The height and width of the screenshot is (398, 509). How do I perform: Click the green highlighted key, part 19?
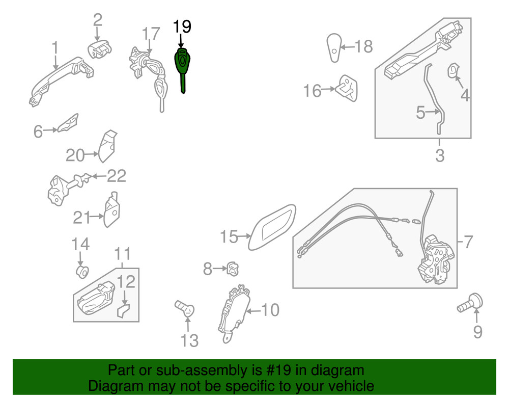point(182,64)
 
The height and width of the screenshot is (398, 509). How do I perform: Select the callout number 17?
point(151,35)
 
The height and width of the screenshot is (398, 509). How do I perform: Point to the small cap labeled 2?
point(99,49)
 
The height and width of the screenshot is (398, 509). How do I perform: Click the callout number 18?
point(363,47)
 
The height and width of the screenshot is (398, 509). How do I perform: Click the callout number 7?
point(468,242)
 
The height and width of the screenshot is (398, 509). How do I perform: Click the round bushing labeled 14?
point(81,270)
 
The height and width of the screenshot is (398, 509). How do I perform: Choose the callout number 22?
point(117,176)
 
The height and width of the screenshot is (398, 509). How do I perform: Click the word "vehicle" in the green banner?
point(349,386)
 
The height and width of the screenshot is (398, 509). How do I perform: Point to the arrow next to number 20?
point(92,154)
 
